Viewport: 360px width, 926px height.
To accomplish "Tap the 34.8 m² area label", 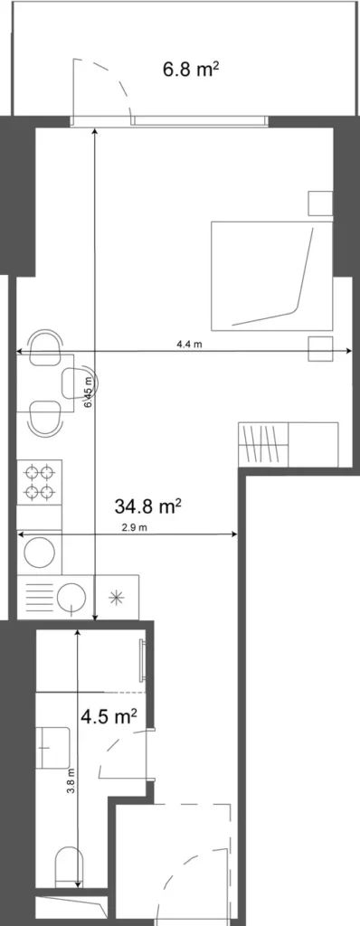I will click(148, 505).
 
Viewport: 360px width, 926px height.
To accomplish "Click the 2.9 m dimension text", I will click(134, 526).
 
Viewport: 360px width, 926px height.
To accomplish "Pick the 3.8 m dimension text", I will click(71, 780).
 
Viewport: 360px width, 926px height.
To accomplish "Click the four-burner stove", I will click(40, 481).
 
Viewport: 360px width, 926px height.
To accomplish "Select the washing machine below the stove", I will click(40, 551).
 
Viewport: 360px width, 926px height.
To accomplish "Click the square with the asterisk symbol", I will click(115, 596).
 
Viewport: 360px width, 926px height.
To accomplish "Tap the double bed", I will click(270, 275).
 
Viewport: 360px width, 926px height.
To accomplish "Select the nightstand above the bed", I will click(319, 204).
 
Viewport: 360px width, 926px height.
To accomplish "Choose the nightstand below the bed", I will click(319, 348).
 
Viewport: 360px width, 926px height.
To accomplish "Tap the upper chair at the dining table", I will click(43, 347).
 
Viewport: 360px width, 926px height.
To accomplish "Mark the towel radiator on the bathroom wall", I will click(142, 661).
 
